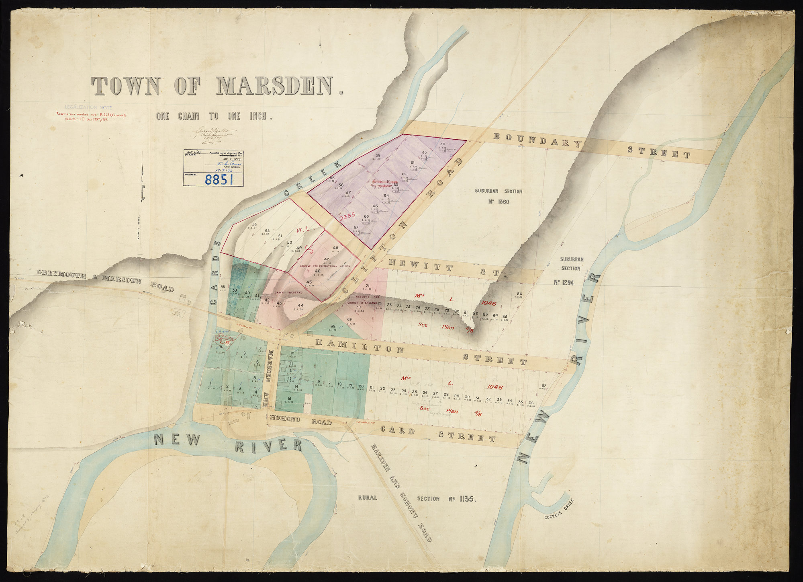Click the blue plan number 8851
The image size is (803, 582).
point(219,179)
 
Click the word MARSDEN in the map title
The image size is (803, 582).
point(276,86)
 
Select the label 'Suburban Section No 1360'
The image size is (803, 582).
point(498,196)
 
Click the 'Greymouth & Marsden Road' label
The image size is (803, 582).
point(106,280)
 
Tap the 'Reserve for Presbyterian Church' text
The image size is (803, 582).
point(325,266)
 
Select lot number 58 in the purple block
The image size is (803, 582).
point(378,155)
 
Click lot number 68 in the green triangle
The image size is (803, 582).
point(333,327)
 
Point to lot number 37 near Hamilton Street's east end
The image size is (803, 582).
point(544,386)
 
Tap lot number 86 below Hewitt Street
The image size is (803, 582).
point(519,294)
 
